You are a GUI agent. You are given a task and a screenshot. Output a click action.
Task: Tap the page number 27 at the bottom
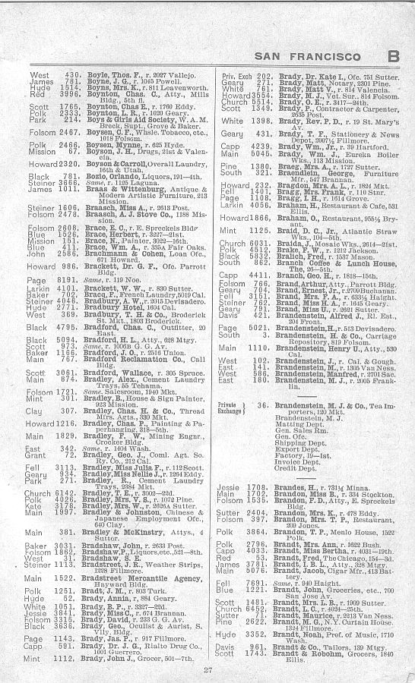coord(207,668)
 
